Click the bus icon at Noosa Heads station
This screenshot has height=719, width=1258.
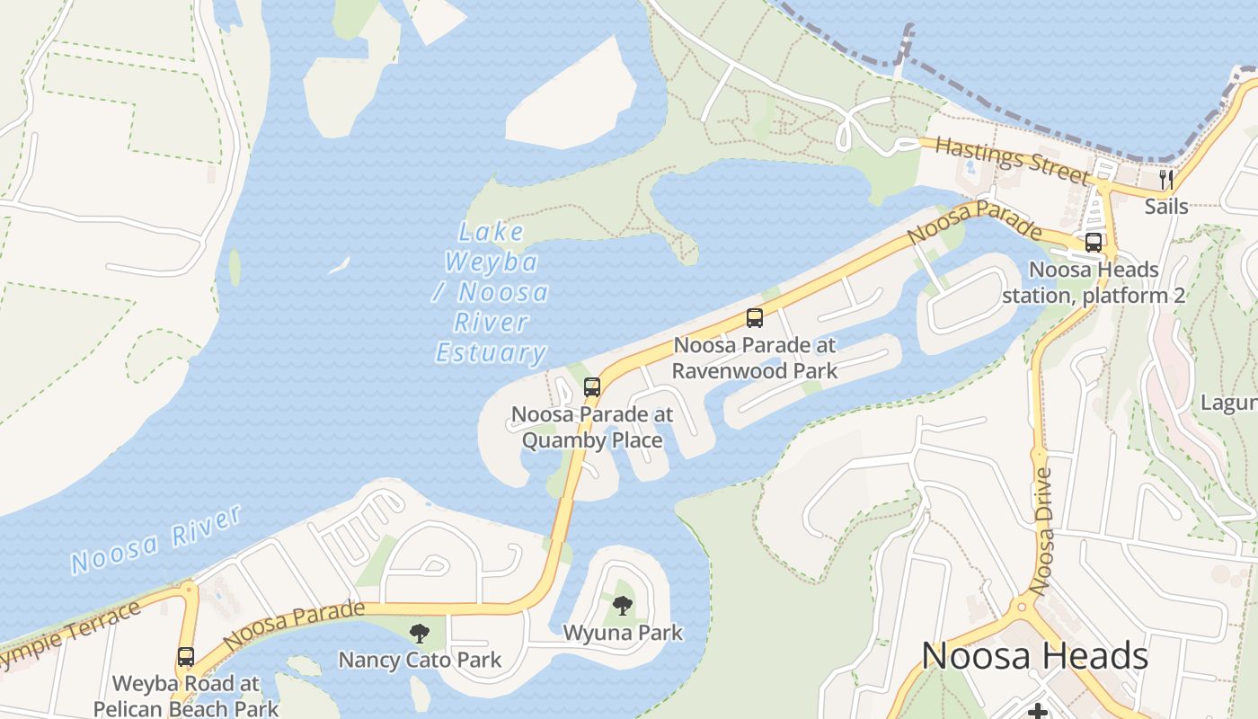click(1093, 242)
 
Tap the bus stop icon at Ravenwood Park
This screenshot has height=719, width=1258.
click(755, 317)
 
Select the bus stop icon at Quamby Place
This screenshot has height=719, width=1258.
click(591, 387)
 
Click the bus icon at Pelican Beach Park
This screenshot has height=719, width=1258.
click(186, 657)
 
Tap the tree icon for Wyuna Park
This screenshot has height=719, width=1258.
click(622, 605)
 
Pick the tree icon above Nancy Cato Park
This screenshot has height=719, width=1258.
click(419, 634)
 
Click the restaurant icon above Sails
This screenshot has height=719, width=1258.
click(1166, 180)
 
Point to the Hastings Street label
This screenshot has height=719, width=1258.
click(1012, 159)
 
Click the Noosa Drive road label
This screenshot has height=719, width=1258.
click(1044, 530)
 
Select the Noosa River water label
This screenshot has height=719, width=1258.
click(156, 539)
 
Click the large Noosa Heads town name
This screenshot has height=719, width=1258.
click(1034, 656)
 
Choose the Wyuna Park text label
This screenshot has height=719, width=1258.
click(623, 633)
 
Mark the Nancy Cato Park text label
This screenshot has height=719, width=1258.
click(420, 661)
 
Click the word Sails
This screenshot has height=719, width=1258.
click(1166, 207)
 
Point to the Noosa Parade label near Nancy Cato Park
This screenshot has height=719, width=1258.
click(295, 626)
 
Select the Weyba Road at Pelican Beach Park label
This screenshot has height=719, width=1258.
click(186, 696)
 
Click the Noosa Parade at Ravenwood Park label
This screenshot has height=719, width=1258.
click(755, 358)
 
